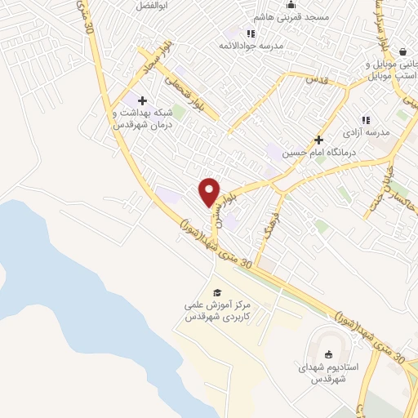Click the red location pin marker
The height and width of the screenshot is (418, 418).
pos(209,193)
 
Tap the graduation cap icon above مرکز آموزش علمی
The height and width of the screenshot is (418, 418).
pos(216,292)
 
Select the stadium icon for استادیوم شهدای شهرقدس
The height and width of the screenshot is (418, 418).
pos(328,354)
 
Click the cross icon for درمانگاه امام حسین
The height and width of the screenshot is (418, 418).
pos(318,140)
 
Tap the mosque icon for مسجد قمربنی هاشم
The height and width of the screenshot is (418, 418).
pos(290,5)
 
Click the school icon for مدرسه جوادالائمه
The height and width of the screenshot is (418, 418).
pos(251,33)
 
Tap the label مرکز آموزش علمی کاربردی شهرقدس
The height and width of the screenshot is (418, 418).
pos(216,311)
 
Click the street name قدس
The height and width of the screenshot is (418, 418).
pos(315,80)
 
